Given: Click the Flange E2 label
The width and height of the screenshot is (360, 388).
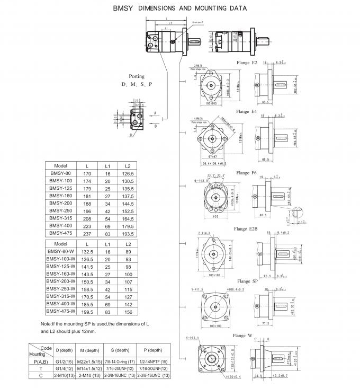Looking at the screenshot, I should click(x=246, y=63).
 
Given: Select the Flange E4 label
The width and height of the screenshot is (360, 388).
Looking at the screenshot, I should click(x=246, y=112).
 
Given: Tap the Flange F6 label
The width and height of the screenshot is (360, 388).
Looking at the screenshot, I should click(x=246, y=173).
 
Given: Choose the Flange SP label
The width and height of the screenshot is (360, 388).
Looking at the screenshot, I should click(x=247, y=281).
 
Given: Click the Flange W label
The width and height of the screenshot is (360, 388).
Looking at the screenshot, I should click(x=246, y=336).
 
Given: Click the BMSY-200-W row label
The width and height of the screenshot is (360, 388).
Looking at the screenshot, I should click(x=61, y=283).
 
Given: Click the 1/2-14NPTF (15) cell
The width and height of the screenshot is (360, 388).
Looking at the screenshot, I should click(x=152, y=361).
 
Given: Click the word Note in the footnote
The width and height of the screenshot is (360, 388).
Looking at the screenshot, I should click(x=46, y=323).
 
